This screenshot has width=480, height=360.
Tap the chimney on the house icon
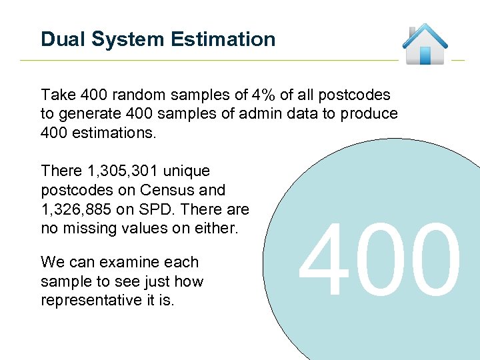(x=413, y=31)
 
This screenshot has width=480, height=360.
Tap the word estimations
(x=114, y=133)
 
